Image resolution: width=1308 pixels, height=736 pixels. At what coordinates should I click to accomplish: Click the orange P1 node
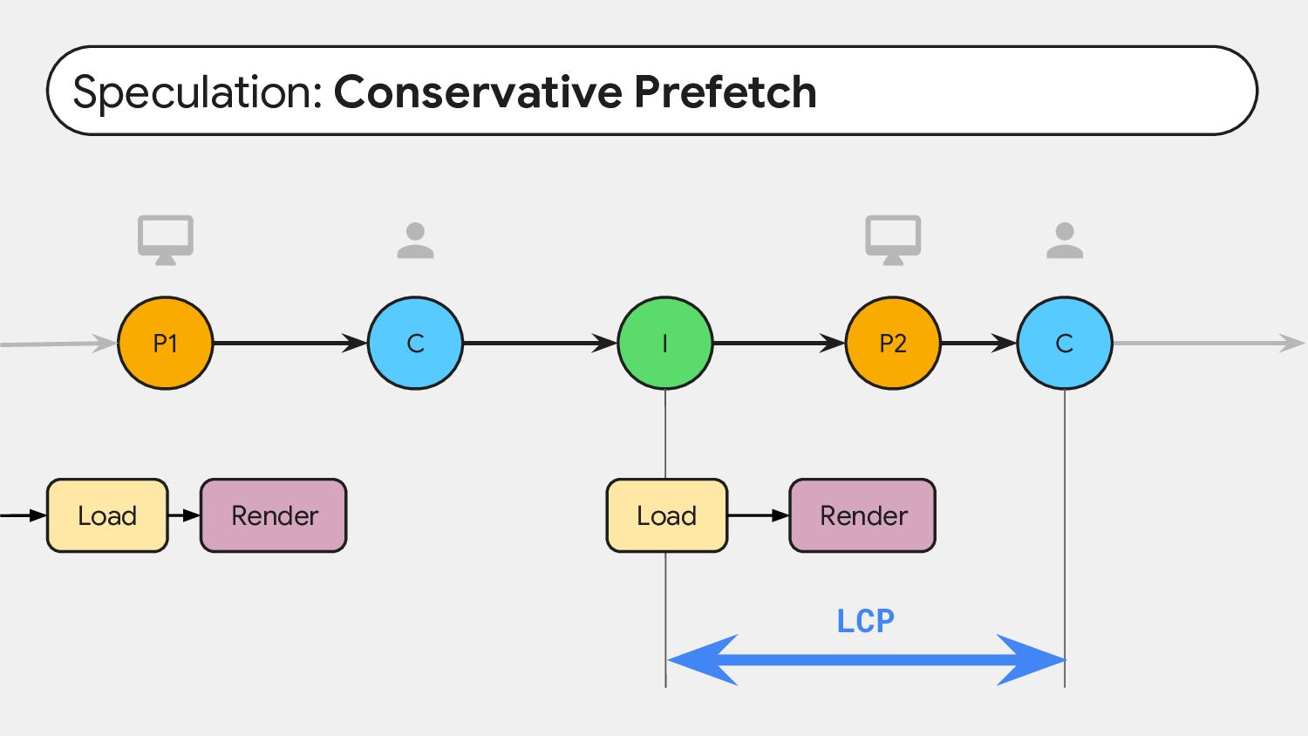pyautogui.click(x=166, y=343)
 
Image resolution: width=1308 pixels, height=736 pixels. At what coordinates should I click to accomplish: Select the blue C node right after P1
pyautogui.click(x=415, y=343)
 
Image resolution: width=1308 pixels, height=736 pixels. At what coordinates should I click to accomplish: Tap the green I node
pyautogui.click(x=665, y=343)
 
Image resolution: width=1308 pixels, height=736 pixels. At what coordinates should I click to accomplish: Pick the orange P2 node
pyautogui.click(x=893, y=343)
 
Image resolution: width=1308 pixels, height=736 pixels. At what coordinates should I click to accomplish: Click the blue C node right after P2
pyautogui.click(x=1065, y=343)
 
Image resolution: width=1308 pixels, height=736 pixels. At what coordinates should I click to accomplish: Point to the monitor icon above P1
pyautogui.click(x=166, y=240)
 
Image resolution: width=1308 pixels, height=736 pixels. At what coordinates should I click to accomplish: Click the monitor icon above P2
pyautogui.click(x=893, y=240)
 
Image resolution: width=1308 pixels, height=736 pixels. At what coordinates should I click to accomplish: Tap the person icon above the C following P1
pyautogui.click(x=415, y=240)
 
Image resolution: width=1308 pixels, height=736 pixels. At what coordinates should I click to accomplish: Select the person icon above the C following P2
pyautogui.click(x=1065, y=240)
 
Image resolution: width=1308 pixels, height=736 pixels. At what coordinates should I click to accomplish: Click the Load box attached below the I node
pyautogui.click(x=667, y=515)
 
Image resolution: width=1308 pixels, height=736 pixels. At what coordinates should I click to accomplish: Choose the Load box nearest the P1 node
pyautogui.click(x=107, y=515)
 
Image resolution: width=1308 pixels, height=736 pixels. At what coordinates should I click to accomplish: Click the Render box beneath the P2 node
pyautogui.click(x=862, y=515)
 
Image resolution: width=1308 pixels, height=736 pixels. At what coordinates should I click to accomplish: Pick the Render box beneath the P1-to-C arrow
pyautogui.click(x=273, y=515)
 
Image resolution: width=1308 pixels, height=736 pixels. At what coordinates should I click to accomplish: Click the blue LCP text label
pyautogui.click(x=865, y=621)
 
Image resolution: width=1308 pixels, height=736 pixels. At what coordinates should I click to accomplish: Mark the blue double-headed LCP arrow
pyautogui.click(x=866, y=660)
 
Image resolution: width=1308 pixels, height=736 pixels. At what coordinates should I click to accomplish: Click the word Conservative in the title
pyautogui.click(x=478, y=92)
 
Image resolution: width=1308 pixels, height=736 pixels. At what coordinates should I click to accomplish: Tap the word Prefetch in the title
pyautogui.click(x=726, y=92)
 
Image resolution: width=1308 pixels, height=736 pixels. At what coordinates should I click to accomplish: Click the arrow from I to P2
pyautogui.click(x=779, y=343)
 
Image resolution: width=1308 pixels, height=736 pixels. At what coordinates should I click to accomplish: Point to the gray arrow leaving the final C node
pyautogui.click(x=1209, y=343)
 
